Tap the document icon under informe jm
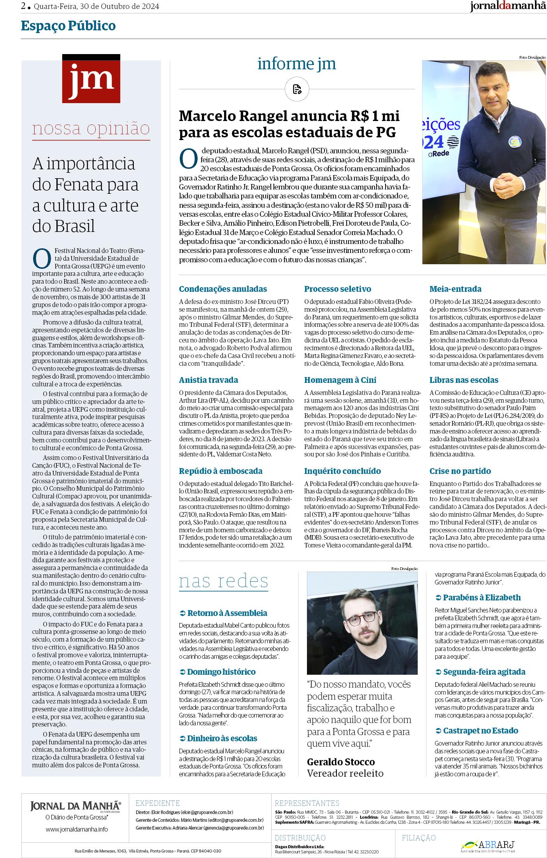pos(297,89)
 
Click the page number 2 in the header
pos(24,6)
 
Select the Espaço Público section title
pos(68,26)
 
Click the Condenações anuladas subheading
pos(223,289)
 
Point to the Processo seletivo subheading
pos(337,289)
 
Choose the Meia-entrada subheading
pos(450,289)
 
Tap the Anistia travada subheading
pos(208,380)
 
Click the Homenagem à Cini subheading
pos(340,380)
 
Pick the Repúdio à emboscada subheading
pos(220,471)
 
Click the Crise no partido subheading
pos(460,471)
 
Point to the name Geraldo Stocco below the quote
pos(341,761)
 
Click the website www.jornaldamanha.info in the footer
pos(77,829)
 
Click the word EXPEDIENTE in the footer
pos(157,803)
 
